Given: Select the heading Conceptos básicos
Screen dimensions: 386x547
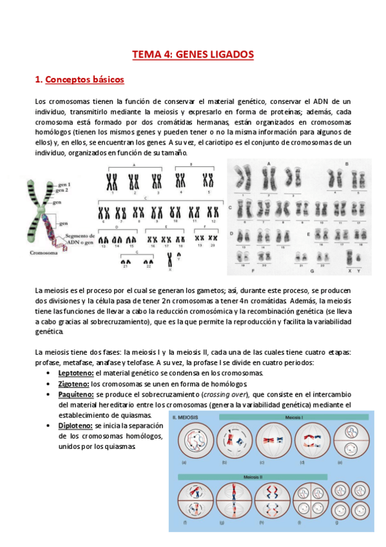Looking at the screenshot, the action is (x=84, y=80).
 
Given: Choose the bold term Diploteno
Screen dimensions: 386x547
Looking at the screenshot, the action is (x=75, y=426).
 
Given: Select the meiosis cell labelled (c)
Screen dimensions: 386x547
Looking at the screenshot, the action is (x=271, y=442).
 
